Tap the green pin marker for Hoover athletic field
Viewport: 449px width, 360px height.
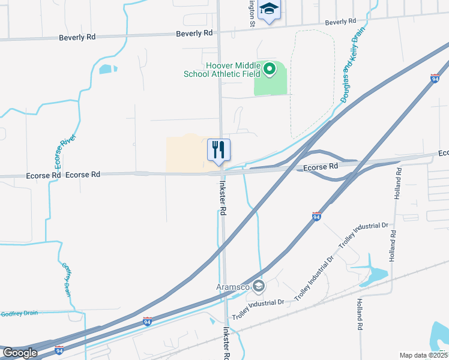pos(270,70)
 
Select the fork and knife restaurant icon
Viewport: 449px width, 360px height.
pos(218,150)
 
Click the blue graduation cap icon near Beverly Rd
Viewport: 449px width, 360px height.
pos(270,10)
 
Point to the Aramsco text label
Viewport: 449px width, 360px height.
pos(234,286)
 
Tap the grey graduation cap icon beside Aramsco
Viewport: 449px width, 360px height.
pos(259,286)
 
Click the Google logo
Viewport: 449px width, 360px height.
pos(20,353)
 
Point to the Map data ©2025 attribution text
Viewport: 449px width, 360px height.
pos(423,355)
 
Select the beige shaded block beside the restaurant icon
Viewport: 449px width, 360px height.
pos(186,153)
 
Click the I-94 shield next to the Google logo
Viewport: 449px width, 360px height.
pos(59,350)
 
